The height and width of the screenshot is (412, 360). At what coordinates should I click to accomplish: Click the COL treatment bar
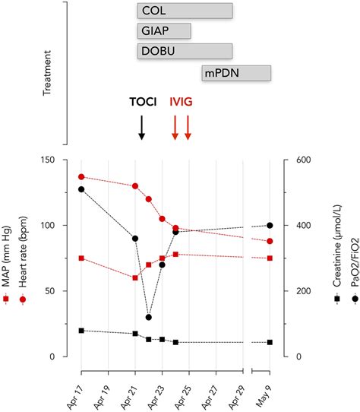(185, 11)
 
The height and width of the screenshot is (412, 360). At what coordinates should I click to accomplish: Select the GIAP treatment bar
(164, 31)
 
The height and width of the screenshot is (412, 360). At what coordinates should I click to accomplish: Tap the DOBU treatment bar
(185, 52)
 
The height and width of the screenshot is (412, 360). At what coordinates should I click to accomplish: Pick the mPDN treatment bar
(236, 72)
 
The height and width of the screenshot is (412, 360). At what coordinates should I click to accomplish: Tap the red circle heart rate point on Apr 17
(81, 176)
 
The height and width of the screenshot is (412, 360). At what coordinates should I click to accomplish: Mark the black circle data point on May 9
(270, 225)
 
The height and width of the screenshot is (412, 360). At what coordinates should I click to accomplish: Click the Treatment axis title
(48, 73)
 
